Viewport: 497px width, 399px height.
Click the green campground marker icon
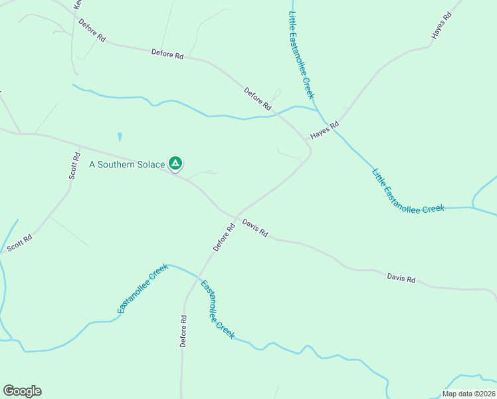(175, 162)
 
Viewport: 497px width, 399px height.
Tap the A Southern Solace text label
(127, 164)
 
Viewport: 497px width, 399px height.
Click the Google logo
(22, 391)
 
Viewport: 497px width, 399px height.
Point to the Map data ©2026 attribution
(468, 394)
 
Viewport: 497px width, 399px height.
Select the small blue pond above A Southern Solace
(120, 137)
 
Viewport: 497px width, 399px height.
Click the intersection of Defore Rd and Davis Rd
(237, 217)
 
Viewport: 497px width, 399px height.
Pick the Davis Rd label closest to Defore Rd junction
(254, 228)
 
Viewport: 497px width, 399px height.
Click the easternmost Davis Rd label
(401, 279)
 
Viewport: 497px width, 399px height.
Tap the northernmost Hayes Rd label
(441, 24)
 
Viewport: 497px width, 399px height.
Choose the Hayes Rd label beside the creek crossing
(324, 130)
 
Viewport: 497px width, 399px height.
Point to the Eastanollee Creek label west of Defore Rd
(142, 289)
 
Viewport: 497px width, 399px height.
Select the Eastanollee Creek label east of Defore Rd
(218, 309)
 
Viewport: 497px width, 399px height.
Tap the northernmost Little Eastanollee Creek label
(301, 55)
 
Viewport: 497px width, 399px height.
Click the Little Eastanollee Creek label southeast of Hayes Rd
(407, 191)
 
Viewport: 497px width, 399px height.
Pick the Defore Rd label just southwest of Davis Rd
(225, 237)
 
